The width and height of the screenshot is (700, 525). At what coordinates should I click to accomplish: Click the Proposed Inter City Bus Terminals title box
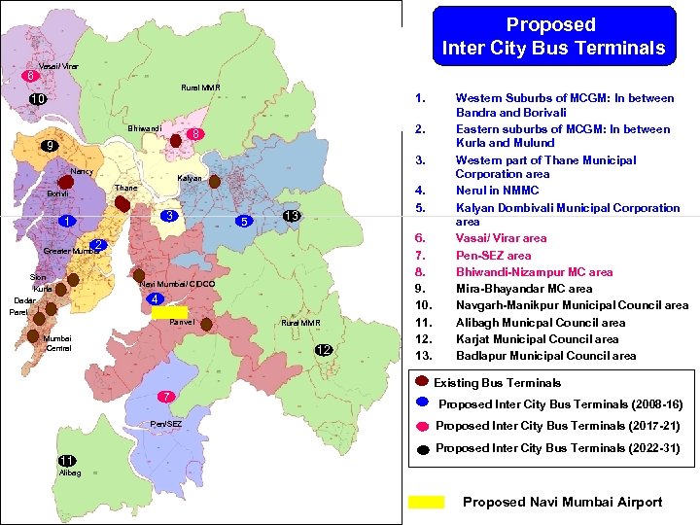click(x=553, y=36)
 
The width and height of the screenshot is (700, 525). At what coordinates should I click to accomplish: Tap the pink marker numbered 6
click(x=31, y=76)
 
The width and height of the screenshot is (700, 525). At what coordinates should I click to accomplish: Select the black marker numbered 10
click(x=37, y=100)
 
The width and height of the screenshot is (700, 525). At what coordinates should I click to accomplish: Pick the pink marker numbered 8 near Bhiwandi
click(x=195, y=133)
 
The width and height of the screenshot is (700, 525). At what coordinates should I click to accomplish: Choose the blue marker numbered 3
click(x=169, y=216)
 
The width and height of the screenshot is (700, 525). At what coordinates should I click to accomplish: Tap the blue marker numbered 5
click(x=246, y=222)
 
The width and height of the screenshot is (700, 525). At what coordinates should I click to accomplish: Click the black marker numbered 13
click(x=290, y=216)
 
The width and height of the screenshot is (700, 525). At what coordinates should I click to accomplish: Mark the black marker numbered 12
click(x=324, y=350)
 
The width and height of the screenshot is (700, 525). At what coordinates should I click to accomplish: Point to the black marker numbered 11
click(x=67, y=460)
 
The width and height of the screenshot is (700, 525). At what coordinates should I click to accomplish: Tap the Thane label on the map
click(x=125, y=188)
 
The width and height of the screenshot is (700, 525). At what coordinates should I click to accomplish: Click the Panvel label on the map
click(x=182, y=322)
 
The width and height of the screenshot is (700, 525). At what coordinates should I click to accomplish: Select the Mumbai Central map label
click(x=57, y=343)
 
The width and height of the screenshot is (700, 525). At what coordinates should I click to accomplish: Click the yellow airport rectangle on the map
click(x=169, y=312)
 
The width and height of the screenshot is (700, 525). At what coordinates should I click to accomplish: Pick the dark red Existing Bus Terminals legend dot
click(x=423, y=381)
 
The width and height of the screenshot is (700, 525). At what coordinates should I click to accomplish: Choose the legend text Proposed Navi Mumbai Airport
click(x=562, y=502)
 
